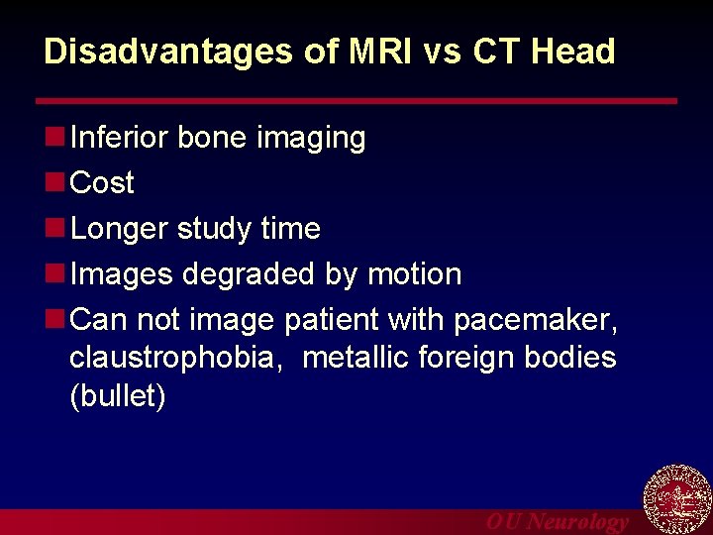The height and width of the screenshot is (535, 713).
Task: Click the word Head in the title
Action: (575, 52)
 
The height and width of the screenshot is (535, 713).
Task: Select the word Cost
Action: (102, 183)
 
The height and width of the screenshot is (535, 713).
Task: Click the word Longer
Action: (120, 229)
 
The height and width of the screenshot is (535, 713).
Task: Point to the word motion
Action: (414, 274)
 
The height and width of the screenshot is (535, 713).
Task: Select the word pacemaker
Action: (536, 320)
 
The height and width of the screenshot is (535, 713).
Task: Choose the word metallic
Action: (358, 357)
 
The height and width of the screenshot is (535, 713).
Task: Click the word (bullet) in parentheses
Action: (117, 396)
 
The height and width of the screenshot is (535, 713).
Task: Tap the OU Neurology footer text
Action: (557, 522)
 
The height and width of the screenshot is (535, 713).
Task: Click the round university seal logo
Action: (677, 499)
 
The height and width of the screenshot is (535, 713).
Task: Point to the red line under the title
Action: (356, 101)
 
